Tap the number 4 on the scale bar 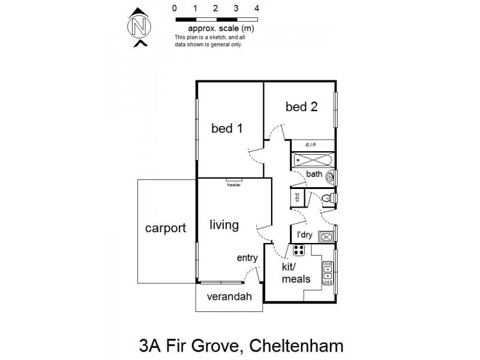coord(257,8)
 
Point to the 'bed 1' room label coord(226,128)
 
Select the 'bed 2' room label coord(301,107)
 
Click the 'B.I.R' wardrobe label coord(311,145)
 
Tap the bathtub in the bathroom coord(312,160)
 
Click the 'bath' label coord(314,175)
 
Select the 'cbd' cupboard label coord(296,197)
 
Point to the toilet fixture coord(326,197)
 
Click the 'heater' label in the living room coord(233,185)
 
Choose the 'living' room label coord(224,225)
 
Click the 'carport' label coord(165,228)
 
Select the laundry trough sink coord(326,236)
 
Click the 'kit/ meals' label coord(296,272)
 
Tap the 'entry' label coord(247,258)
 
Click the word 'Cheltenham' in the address coord(296,346)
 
